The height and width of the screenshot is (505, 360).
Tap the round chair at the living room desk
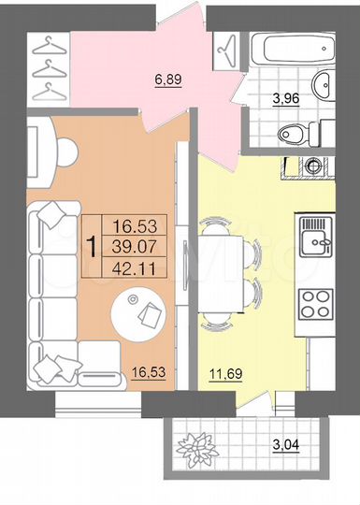pyautogui.click(x=67, y=149)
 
